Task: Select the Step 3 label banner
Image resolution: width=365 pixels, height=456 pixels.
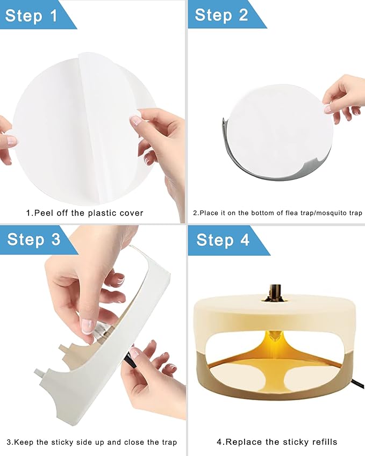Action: pos(33,240)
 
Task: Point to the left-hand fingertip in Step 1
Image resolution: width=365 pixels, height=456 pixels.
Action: pos(11,141)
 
